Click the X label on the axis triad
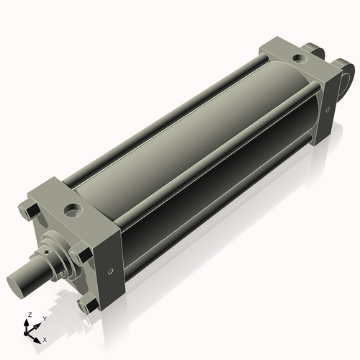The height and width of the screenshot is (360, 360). (x=45, y=338)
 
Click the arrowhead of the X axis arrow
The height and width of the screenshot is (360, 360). (x=38, y=336)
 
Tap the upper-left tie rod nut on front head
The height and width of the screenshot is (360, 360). (x=24, y=211)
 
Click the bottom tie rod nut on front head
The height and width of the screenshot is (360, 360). (x=88, y=306)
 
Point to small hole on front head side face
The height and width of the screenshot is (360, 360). (x=109, y=272)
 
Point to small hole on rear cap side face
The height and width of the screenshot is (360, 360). (x=328, y=110)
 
